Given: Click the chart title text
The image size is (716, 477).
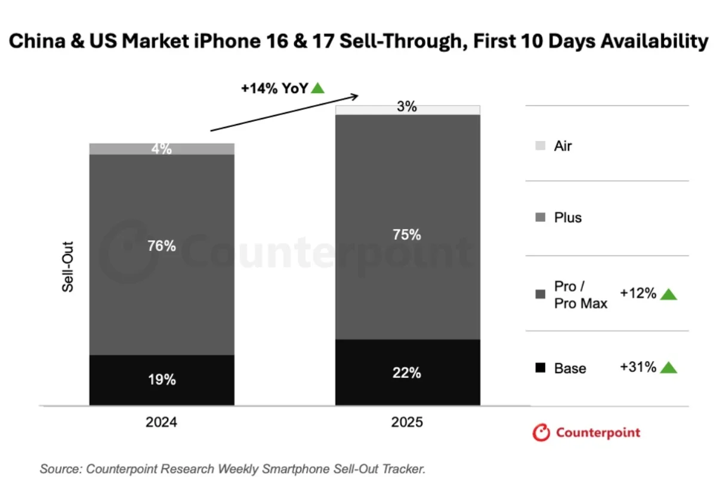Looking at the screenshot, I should pos(358,42).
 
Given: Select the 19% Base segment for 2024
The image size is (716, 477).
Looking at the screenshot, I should pos(161,380).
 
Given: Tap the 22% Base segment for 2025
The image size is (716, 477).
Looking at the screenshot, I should pos(408,372).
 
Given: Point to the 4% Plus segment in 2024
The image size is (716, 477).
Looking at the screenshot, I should pos(161,149).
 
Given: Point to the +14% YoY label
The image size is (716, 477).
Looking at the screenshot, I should pos(274,88).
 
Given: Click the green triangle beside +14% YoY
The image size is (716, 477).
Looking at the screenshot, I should pos(318,88).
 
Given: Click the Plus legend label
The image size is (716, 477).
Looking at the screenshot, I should pos(567,218).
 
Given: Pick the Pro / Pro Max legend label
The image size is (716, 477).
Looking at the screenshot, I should pos(580,295).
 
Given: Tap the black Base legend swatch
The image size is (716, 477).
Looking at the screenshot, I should pos(540,368).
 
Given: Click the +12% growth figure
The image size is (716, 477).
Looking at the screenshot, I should pos(638,293).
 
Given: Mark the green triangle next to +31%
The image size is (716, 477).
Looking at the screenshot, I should pos(669,367).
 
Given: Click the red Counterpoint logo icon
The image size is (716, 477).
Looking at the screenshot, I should pos(541,433).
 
